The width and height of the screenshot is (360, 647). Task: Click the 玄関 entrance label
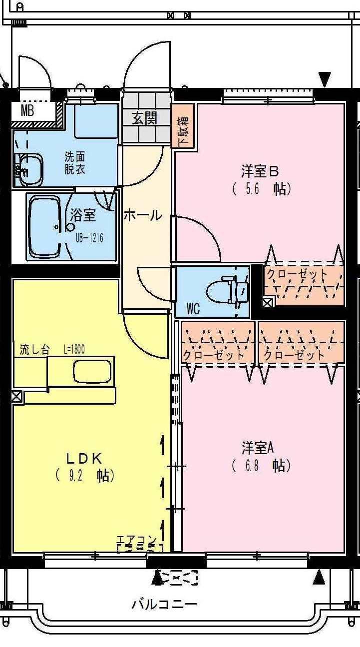145,118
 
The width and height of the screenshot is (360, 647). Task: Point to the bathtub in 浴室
45,226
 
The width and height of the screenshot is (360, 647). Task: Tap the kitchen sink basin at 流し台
93,371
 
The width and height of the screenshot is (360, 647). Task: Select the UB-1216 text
90,237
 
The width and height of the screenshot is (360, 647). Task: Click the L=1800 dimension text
74,349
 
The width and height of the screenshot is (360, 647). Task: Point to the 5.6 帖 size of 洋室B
262,189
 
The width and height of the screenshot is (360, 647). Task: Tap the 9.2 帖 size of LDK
85,475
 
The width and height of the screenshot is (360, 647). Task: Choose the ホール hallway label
143,216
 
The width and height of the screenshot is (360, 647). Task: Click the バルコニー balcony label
164,605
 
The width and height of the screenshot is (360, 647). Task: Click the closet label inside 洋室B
297,274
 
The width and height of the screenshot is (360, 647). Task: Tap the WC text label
193,309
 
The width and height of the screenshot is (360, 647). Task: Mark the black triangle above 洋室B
325,79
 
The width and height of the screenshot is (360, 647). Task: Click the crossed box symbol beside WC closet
267,302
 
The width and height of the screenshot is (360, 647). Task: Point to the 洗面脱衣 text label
74,162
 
